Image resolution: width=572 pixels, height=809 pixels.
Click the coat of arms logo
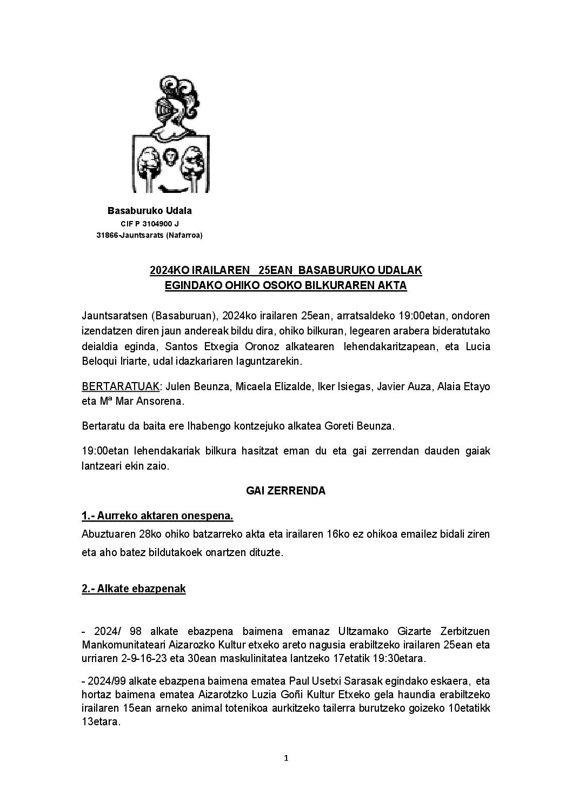[171, 134]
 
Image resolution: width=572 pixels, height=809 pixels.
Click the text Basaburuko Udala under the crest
[150, 210]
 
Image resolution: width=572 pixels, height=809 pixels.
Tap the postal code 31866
[107, 235]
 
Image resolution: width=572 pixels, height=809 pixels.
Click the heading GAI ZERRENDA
[285, 491]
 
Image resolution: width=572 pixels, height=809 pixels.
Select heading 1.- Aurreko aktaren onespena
[157, 516]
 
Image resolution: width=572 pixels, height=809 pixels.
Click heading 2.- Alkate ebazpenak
[134, 589]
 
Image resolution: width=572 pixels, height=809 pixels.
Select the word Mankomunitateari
[121, 645]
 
